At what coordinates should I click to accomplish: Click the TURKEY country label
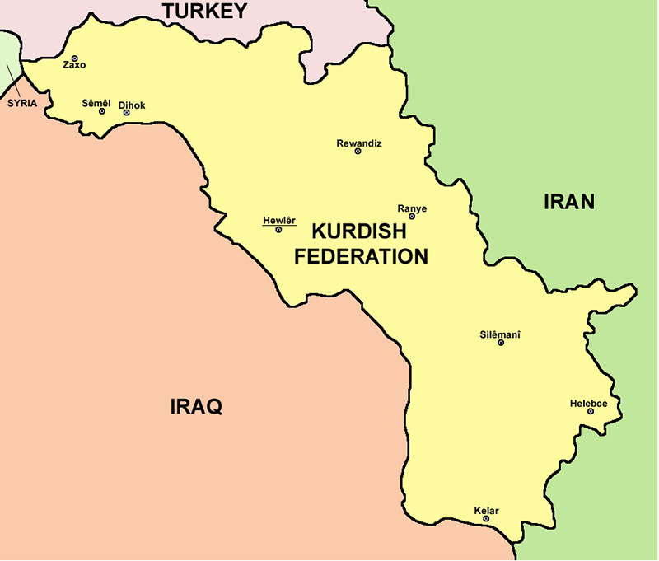(x=204, y=11)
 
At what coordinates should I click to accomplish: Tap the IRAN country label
(x=568, y=202)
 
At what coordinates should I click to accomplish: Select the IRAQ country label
(x=196, y=406)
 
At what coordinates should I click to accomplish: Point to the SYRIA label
(x=22, y=104)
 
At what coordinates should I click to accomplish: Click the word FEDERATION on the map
(x=361, y=256)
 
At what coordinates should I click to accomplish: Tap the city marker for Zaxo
(x=74, y=58)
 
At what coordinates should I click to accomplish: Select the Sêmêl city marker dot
(x=102, y=111)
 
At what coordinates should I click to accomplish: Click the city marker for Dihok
(x=126, y=113)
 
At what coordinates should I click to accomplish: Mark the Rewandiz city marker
(x=358, y=152)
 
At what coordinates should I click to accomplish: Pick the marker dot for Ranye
(x=412, y=217)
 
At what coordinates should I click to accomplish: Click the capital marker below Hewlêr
(x=278, y=230)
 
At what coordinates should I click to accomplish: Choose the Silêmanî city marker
(x=500, y=343)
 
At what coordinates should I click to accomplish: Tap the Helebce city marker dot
(x=591, y=411)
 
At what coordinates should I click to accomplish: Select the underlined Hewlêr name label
(x=278, y=220)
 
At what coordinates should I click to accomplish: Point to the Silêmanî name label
(x=500, y=334)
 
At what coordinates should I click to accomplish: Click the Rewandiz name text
(x=359, y=143)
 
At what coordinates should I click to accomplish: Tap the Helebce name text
(x=588, y=403)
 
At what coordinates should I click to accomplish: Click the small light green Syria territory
(x=7, y=49)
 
